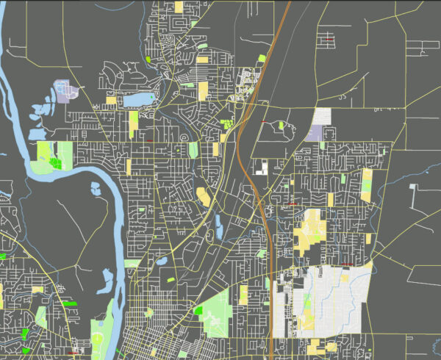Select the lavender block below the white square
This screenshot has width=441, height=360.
point(317,133)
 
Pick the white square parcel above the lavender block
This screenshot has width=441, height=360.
point(322,116)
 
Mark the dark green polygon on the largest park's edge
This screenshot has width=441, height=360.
point(198,310)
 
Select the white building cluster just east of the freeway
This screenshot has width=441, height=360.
point(261,168)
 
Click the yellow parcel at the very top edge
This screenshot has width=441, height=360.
point(179,7)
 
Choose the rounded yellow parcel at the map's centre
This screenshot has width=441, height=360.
point(203,196)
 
